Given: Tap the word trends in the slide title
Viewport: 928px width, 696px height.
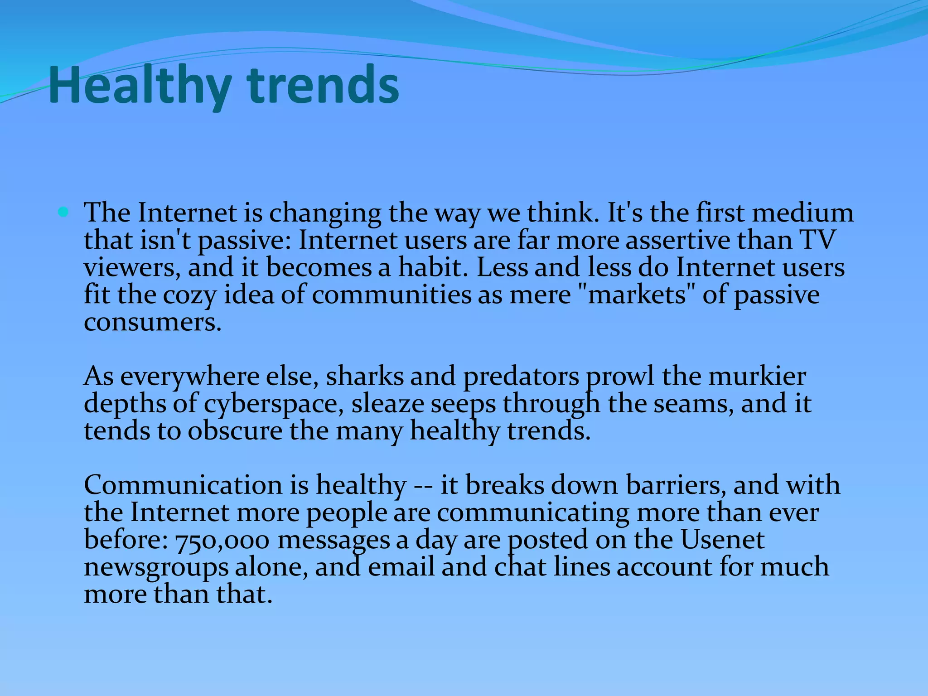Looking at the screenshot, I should click(324, 85).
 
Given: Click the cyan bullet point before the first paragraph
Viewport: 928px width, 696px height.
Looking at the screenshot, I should click(63, 212).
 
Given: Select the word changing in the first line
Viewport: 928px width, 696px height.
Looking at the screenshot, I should click(325, 213).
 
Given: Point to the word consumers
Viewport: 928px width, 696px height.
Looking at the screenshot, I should click(153, 322).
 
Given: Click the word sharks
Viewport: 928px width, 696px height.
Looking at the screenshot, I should click(365, 377).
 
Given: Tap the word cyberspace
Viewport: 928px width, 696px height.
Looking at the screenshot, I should click(273, 404).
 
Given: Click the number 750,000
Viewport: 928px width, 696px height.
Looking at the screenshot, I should click(222, 540).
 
